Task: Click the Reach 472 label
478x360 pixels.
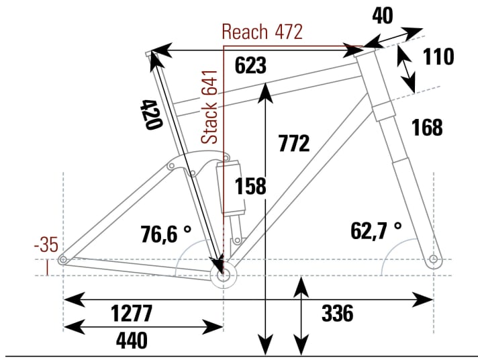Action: (262, 32)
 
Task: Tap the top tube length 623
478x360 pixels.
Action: (251, 66)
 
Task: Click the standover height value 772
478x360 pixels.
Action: (293, 143)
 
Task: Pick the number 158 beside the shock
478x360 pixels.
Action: (250, 187)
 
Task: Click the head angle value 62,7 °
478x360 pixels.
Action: (375, 230)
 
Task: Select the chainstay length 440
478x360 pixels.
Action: (132, 341)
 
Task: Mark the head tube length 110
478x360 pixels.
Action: (438, 57)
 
